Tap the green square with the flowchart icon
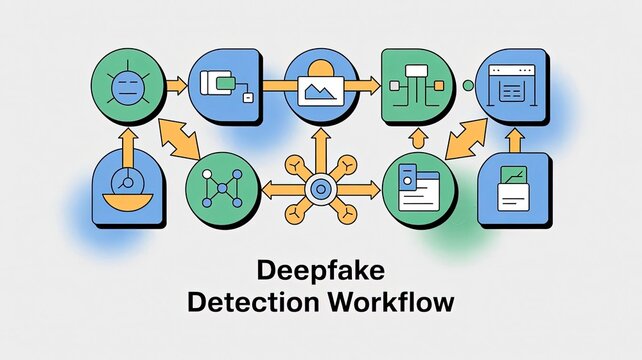(416, 84)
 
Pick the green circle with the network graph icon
(219, 187)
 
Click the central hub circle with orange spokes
(320, 187)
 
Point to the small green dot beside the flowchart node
(467, 86)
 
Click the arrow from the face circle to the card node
(175, 85)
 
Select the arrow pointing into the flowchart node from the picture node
(366, 85)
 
